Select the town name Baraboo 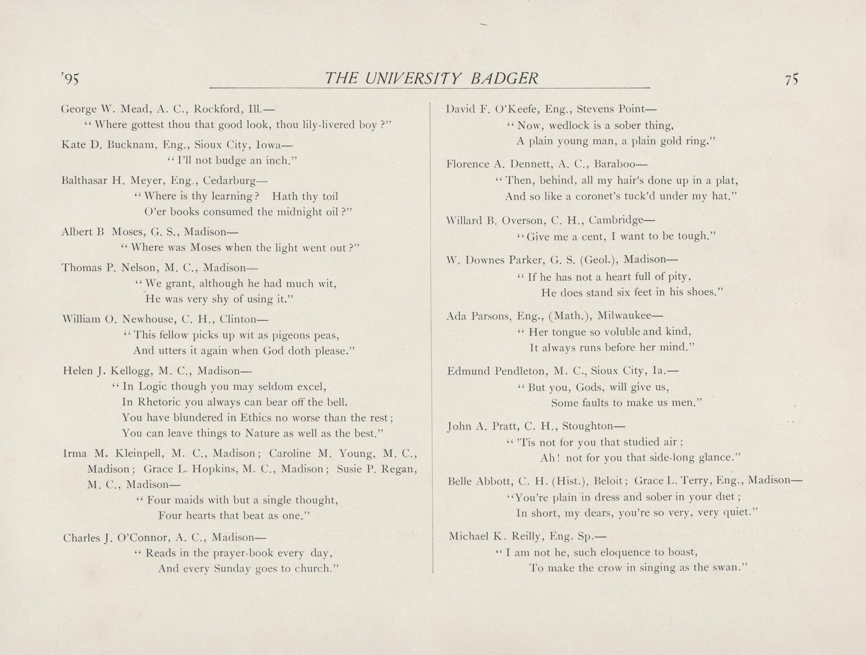(614, 164)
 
